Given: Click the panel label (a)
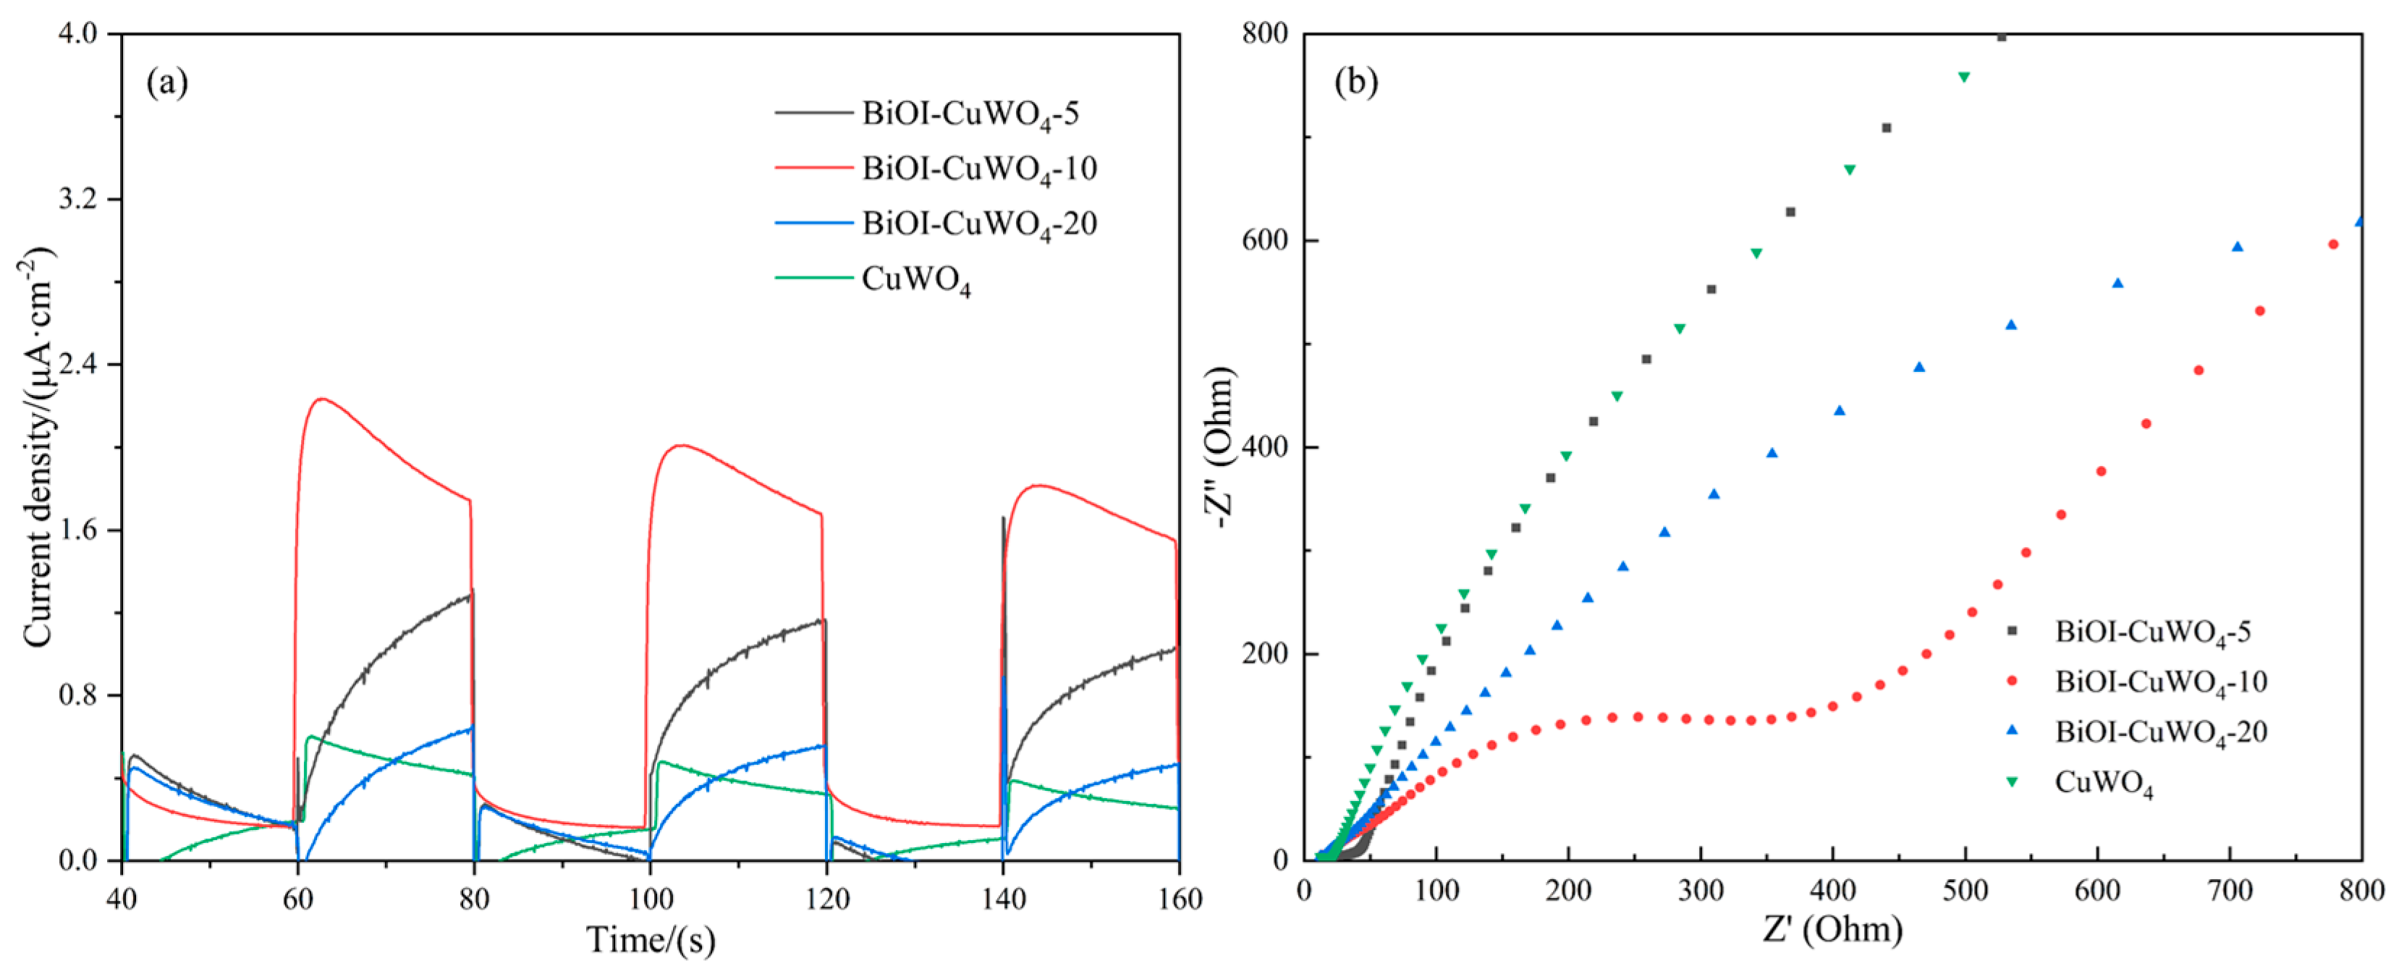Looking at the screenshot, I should [x=167, y=83].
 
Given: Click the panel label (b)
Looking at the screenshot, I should [x=1356, y=83].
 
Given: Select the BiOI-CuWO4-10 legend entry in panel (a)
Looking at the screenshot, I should [x=978, y=169].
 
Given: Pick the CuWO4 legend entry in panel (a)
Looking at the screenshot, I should [x=915, y=279].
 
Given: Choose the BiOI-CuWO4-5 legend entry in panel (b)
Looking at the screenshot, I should [x=2152, y=632].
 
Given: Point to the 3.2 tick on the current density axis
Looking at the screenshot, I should [x=82, y=200].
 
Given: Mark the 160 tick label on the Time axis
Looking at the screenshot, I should [x=1179, y=899].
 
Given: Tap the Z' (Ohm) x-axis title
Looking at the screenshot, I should [x=1832, y=930].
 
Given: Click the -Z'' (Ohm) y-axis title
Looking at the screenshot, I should [x=1222, y=448].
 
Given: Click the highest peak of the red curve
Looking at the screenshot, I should [x=322, y=399].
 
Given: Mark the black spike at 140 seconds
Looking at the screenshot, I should [x=1003, y=519].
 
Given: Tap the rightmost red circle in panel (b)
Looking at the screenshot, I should [x=2333, y=245].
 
